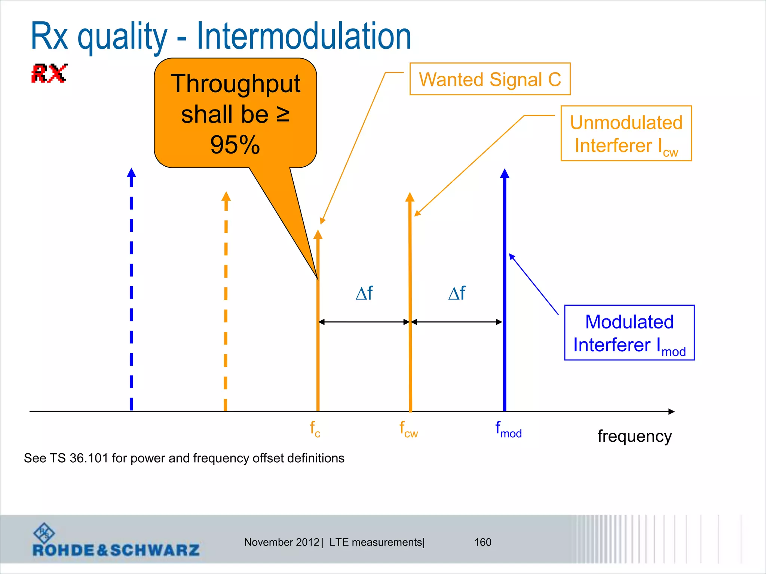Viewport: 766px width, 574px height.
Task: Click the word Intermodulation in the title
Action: point(303,36)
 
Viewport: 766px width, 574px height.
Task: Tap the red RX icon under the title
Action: point(49,73)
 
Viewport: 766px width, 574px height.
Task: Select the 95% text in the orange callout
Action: point(235,145)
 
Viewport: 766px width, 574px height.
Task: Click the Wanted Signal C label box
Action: point(490,79)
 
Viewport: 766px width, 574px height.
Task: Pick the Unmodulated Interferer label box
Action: point(626,133)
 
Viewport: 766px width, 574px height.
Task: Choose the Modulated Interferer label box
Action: point(629,333)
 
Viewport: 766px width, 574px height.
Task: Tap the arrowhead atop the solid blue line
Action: point(505,173)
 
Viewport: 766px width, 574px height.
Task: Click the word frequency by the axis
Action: point(634,436)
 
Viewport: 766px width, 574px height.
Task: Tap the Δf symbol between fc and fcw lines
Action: point(364,293)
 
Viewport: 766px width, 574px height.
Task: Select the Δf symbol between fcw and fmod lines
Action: point(457,293)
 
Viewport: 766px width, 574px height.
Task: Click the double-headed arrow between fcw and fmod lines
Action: point(457,322)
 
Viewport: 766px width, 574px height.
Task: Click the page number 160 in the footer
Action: point(482,542)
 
